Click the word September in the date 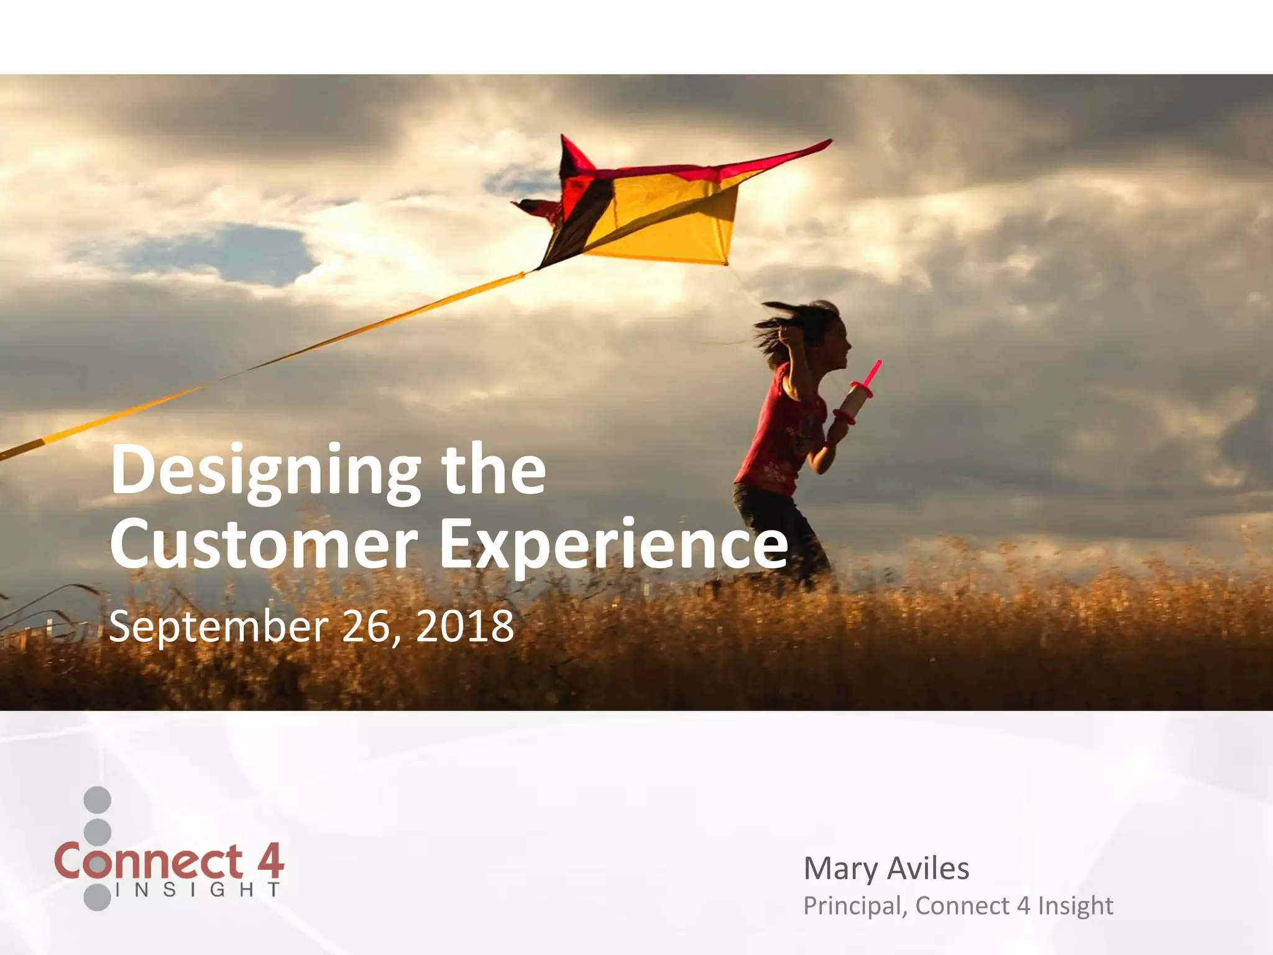(x=218, y=627)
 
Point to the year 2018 (x=465, y=627)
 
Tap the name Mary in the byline (x=840, y=869)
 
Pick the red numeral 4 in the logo (x=270, y=860)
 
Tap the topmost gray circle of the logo (x=97, y=800)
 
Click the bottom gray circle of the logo (x=97, y=897)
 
